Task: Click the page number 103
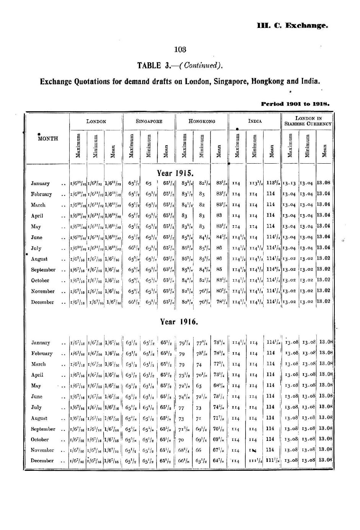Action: [180, 49]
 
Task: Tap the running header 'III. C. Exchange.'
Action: [293, 26]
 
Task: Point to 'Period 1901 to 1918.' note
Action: [295, 103]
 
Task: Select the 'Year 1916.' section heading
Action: [179, 322]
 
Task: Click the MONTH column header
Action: [48, 138]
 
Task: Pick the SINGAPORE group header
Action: [149, 121]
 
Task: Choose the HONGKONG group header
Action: [202, 121]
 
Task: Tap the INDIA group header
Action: [255, 121]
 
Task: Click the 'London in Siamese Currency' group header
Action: [308, 121]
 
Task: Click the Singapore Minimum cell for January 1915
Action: [148, 183]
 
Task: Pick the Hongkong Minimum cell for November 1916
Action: [199, 450]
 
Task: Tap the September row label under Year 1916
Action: [43, 429]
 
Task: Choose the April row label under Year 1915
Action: [37, 216]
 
